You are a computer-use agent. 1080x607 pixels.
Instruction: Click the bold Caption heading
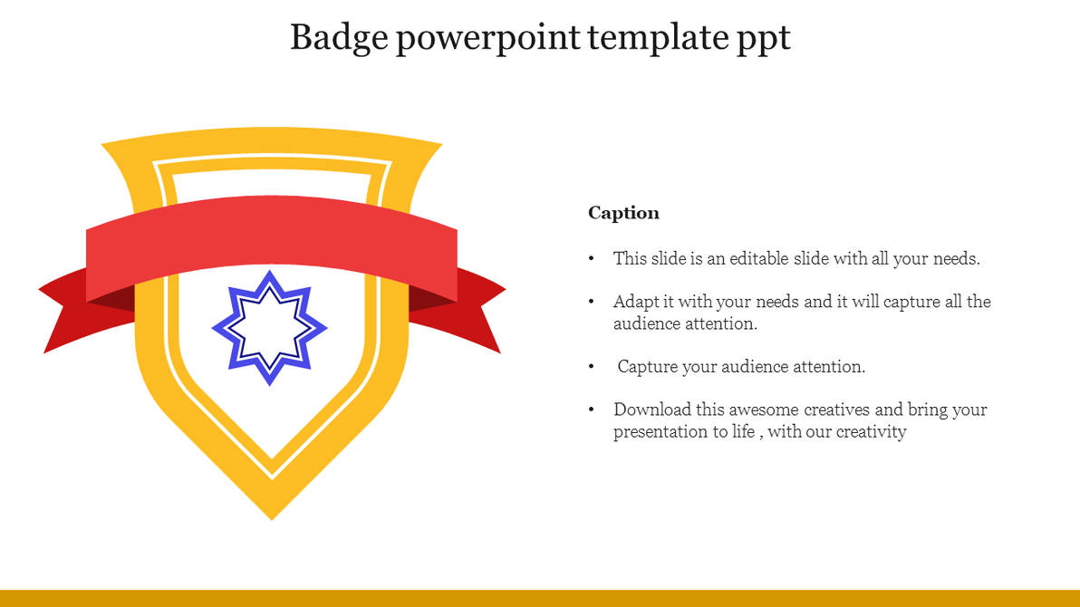pyautogui.click(x=623, y=213)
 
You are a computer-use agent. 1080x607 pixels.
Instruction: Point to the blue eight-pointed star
pyautogui.click(x=269, y=327)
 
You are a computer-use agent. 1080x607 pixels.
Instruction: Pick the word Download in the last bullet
pyautogui.click(x=651, y=409)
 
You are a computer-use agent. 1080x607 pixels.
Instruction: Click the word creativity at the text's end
pyautogui.click(x=871, y=431)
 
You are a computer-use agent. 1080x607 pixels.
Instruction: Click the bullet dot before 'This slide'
pyautogui.click(x=592, y=259)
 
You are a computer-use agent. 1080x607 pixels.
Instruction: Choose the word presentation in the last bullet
pyautogui.click(x=659, y=431)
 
